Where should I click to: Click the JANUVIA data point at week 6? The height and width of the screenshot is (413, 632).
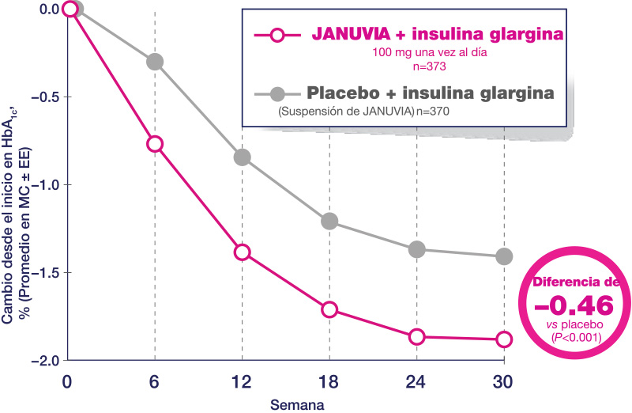(155, 143)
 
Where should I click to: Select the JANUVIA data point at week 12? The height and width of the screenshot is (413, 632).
(242, 252)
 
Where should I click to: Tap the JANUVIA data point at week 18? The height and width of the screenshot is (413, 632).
(329, 309)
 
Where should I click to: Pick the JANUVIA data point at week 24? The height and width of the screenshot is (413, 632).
(417, 337)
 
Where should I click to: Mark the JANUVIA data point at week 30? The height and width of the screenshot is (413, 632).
(504, 339)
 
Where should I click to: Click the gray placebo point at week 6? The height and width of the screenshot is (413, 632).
(155, 61)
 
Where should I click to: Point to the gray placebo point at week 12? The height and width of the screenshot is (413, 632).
(242, 157)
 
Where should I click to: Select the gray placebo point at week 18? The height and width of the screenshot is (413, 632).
(329, 221)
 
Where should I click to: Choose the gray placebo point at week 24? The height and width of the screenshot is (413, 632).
(417, 250)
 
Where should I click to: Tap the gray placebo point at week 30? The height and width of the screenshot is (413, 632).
(504, 256)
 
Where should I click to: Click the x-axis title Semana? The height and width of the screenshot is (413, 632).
(293, 404)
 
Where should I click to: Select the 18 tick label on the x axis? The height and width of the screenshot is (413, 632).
(329, 381)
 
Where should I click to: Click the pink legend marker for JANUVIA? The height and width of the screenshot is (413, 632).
(277, 36)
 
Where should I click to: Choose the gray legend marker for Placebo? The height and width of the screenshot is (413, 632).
(277, 93)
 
